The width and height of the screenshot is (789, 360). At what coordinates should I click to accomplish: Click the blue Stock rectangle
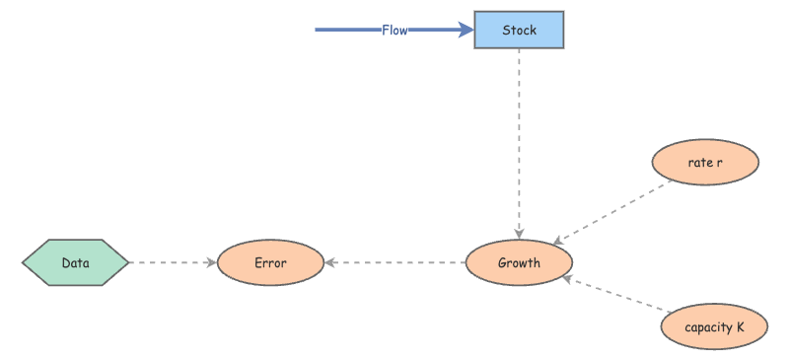[x=519, y=30]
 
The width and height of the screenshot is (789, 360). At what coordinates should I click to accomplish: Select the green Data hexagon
[x=76, y=263]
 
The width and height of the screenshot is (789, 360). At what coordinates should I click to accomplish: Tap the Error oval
[x=270, y=263]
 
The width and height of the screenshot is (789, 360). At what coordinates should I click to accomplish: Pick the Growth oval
[x=519, y=263]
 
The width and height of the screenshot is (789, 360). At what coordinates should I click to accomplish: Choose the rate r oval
[x=705, y=162]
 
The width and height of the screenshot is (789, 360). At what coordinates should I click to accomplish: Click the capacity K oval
[x=714, y=326]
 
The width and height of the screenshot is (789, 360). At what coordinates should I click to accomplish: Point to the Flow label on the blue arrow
[x=394, y=31]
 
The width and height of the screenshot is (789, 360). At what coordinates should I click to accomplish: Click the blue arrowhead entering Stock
[x=466, y=31]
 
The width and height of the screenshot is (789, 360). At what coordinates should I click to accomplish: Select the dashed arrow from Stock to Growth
[x=519, y=138]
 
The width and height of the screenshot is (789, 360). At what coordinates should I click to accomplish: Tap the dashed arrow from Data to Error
[x=173, y=263]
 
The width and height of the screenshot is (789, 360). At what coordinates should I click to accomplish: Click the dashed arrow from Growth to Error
[x=394, y=263]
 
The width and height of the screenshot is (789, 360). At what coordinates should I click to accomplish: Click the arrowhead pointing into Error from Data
[x=211, y=263]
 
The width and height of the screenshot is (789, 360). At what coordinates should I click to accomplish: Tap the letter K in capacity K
[x=740, y=326]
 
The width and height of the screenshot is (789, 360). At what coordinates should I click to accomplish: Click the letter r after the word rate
[x=720, y=162]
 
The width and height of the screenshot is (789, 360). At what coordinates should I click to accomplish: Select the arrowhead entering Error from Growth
[x=331, y=263]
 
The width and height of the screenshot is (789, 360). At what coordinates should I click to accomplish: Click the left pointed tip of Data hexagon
[x=24, y=263]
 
